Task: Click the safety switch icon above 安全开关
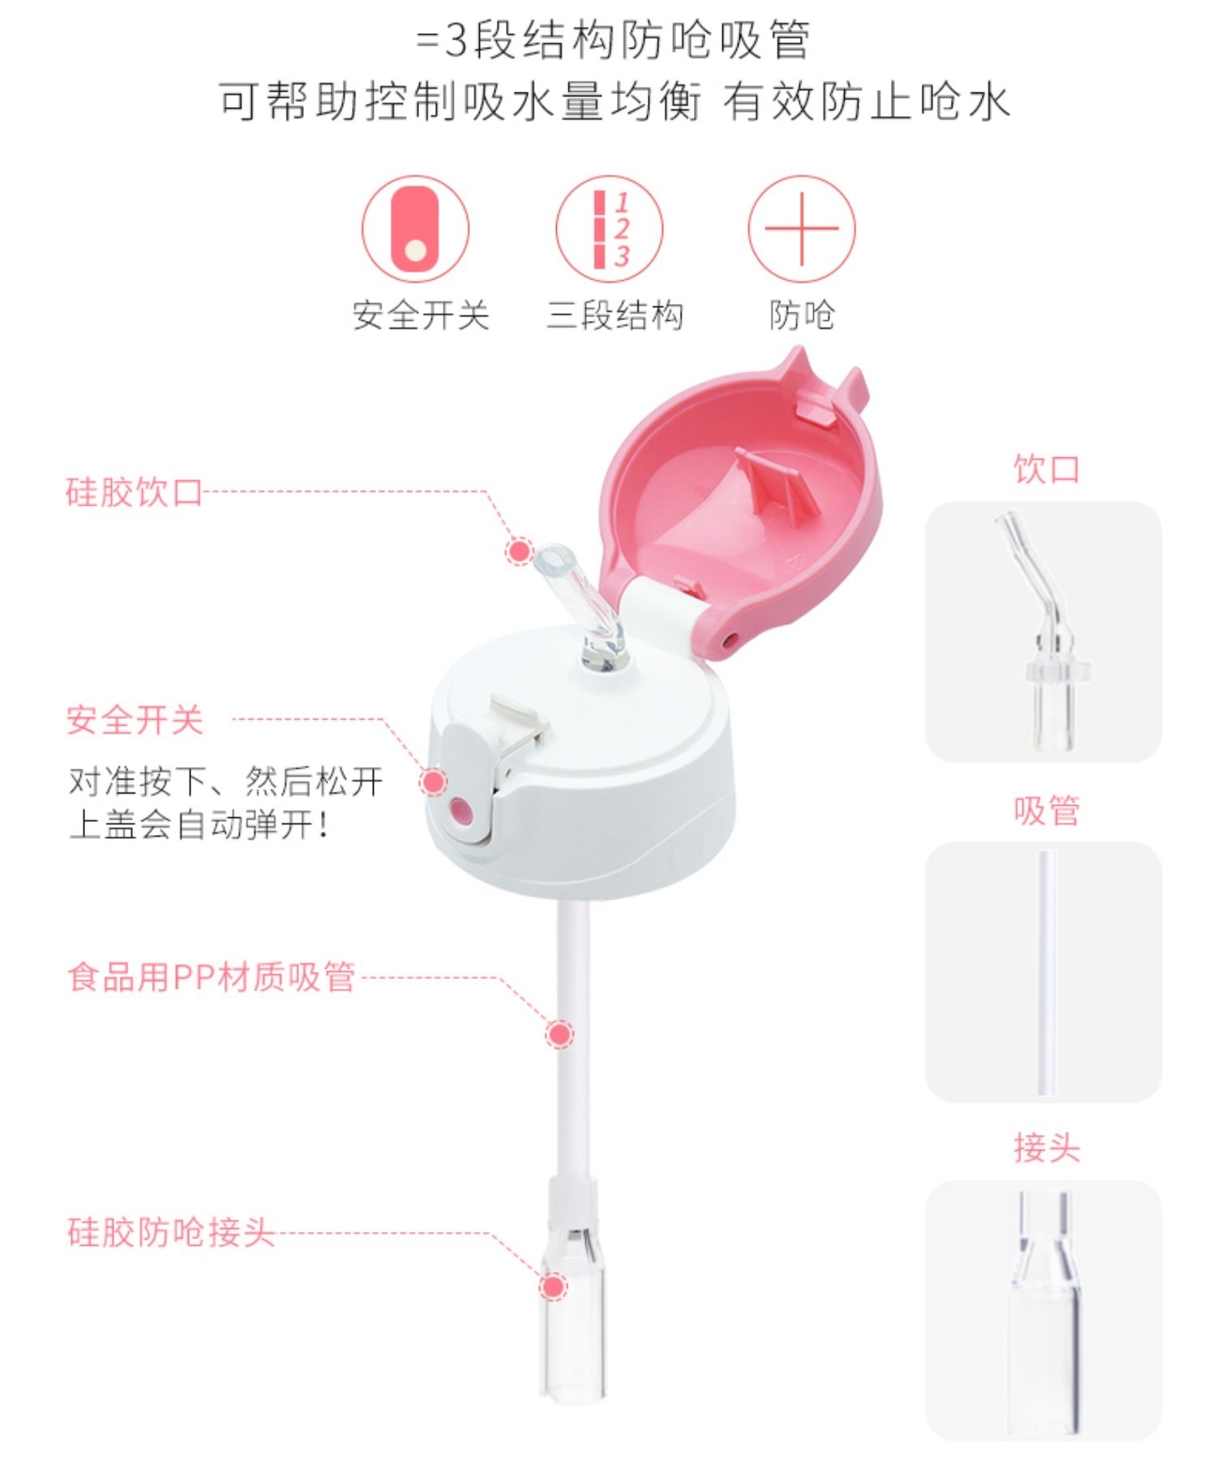pos(415,229)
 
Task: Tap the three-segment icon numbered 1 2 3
pos(609,229)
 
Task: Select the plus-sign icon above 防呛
pos(801,229)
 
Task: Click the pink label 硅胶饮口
pos(134,492)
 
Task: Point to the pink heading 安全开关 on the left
pos(135,720)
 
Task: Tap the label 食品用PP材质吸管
pos(212,977)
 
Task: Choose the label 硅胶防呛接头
pos(170,1232)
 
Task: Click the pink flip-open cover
pos(746,503)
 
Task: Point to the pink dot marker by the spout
pos(519,551)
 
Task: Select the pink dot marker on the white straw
pos(559,1034)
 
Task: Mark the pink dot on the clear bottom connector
pos(554,1286)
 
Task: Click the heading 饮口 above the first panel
pos(1046,469)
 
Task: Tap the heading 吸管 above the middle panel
pos(1046,810)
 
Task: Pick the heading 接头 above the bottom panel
pos(1046,1148)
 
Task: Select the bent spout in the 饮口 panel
pos(1043,632)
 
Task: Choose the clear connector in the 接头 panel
pos(1044,1313)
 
